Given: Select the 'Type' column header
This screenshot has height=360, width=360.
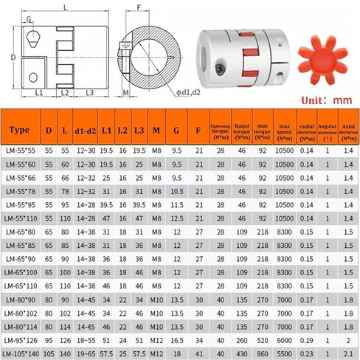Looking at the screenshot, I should tap(20, 131).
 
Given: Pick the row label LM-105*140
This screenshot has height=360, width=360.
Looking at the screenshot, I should tap(22, 353).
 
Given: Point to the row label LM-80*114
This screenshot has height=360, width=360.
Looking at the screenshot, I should tap(21, 327).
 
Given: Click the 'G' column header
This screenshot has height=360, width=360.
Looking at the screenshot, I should tap(176, 131).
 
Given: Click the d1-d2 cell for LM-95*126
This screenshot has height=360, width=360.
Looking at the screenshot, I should tap(86, 340).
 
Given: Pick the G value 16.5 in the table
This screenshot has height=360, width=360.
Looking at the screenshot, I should tap(176, 340).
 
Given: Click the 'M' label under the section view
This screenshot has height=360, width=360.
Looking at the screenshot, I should tap(125, 93).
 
